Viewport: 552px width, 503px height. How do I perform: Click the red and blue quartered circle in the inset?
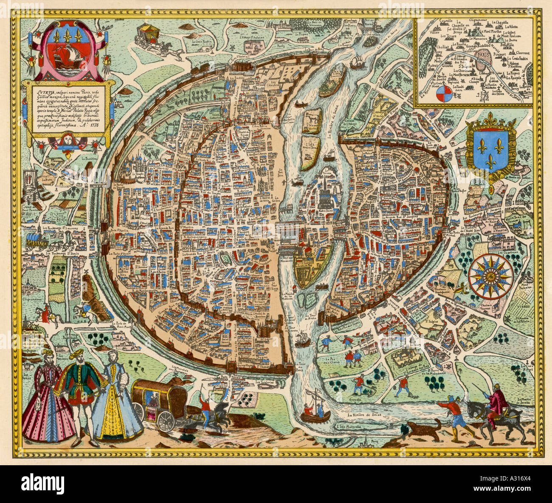click(x=443, y=94)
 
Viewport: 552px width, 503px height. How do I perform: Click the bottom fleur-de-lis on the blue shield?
click(x=492, y=160)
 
